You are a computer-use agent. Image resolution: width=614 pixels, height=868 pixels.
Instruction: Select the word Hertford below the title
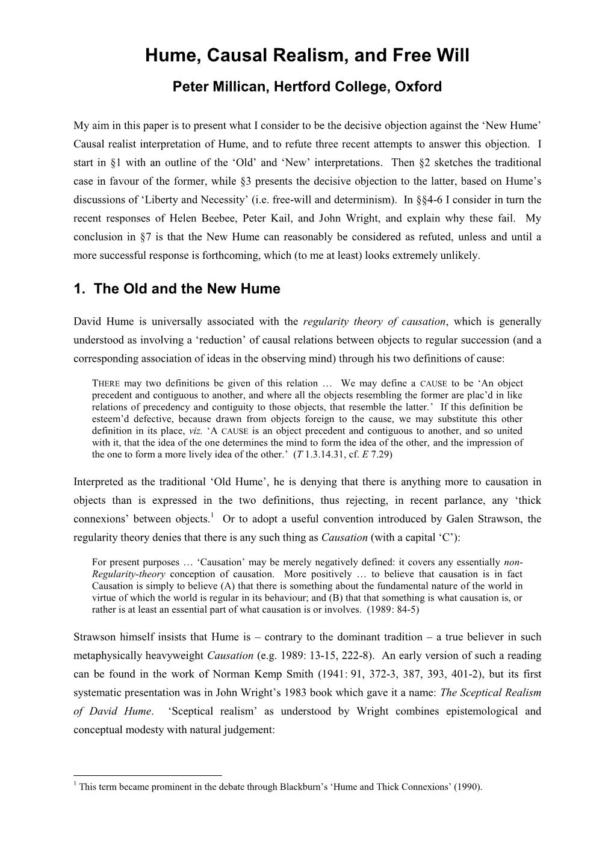pyautogui.click(x=300, y=87)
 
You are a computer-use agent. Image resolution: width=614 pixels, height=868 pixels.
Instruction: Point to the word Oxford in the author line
pyautogui.click(x=419, y=87)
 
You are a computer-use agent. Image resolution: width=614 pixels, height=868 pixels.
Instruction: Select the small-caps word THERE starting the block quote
pyautogui.click(x=107, y=383)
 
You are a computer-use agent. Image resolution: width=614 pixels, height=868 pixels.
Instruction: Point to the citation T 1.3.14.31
pyautogui.click(x=321, y=454)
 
